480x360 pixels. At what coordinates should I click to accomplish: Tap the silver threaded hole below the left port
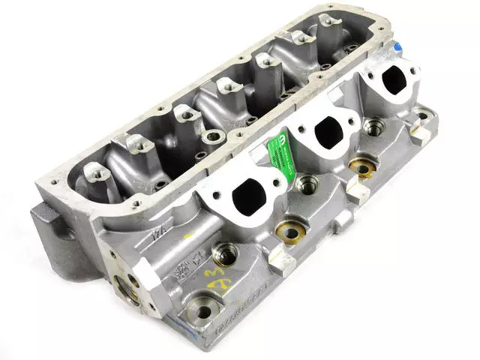(x=222, y=253)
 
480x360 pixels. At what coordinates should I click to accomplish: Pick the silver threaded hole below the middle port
(x=306, y=183)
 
